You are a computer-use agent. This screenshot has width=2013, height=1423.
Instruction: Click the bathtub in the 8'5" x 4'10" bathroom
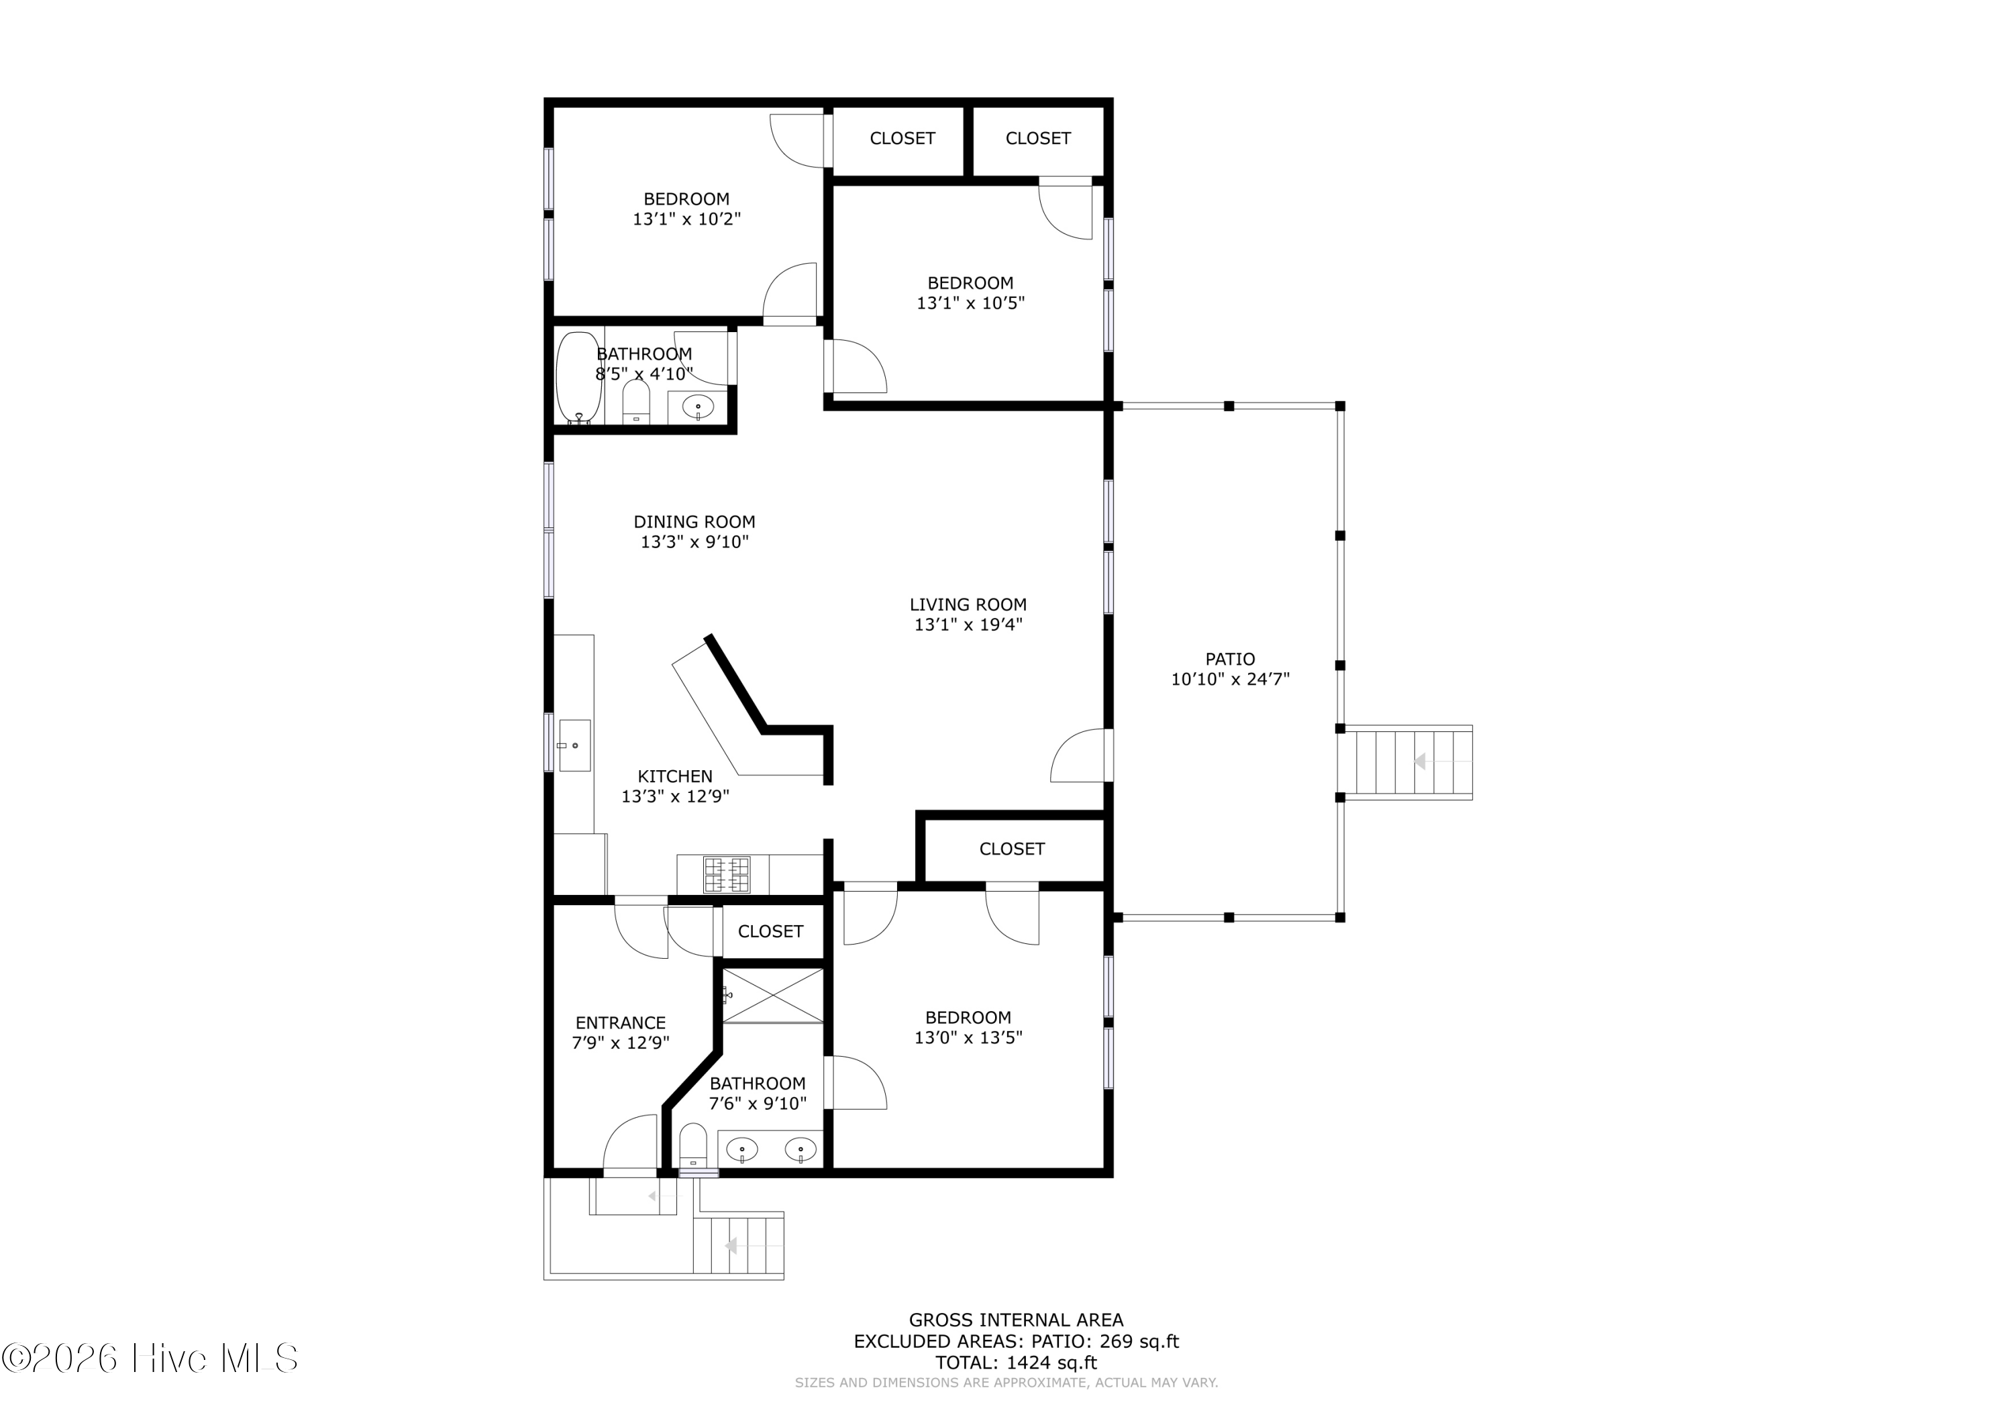point(578,378)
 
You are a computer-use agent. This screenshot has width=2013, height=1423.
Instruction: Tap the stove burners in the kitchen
point(727,874)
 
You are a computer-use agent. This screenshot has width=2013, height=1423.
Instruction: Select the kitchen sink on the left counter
point(575,745)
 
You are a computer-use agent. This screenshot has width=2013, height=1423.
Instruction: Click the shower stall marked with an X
point(772,995)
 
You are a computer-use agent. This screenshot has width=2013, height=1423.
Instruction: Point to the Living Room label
point(968,604)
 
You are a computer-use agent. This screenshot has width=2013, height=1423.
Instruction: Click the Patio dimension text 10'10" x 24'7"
point(1230,678)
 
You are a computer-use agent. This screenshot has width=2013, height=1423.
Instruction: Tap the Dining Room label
point(694,522)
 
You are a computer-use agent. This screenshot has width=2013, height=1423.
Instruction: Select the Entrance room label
point(621,1022)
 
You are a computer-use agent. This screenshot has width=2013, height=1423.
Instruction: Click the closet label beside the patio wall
point(1012,849)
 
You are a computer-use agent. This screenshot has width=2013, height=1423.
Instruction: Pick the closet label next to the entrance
point(771,931)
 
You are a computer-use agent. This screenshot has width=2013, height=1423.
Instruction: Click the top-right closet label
point(1038,138)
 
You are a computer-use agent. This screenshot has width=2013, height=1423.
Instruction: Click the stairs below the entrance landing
point(738,1245)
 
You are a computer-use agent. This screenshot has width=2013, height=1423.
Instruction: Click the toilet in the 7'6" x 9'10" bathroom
point(692,1145)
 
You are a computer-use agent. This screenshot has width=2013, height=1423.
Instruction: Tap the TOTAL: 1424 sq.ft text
point(1016,1363)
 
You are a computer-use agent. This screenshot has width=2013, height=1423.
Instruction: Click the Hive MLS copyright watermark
point(149,1358)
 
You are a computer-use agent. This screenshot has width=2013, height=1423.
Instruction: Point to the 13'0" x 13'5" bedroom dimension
point(968,1037)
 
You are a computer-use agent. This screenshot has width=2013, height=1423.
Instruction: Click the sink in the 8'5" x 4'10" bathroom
point(698,407)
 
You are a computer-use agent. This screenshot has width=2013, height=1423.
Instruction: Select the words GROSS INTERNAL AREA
point(1015,1320)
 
